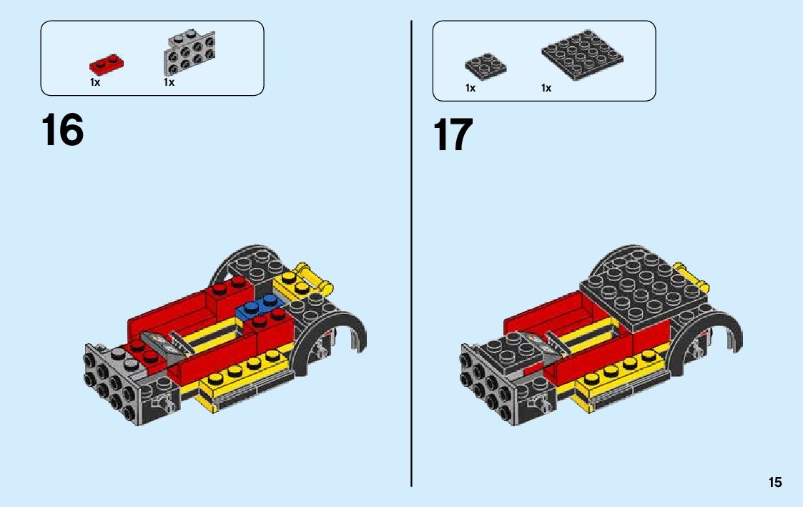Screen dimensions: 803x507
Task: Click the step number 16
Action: click(62, 129)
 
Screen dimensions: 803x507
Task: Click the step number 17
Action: click(453, 134)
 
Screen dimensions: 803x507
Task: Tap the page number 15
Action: click(775, 482)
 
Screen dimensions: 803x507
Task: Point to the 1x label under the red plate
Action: click(95, 82)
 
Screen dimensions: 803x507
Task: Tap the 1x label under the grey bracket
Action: click(169, 82)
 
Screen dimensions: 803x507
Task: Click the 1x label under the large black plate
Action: click(546, 88)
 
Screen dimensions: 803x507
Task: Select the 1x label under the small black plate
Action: click(470, 88)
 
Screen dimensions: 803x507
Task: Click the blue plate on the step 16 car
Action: click(260, 305)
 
